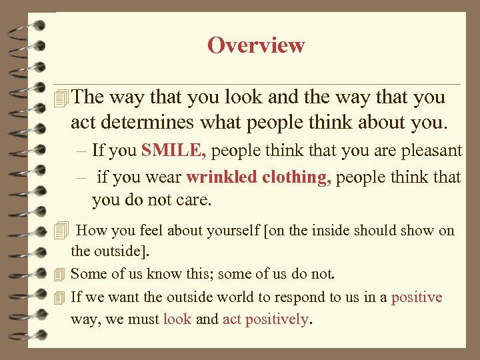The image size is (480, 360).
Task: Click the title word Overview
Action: (256, 45)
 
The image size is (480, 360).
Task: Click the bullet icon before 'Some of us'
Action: (61, 274)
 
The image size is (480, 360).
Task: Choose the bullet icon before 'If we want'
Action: (61, 297)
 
